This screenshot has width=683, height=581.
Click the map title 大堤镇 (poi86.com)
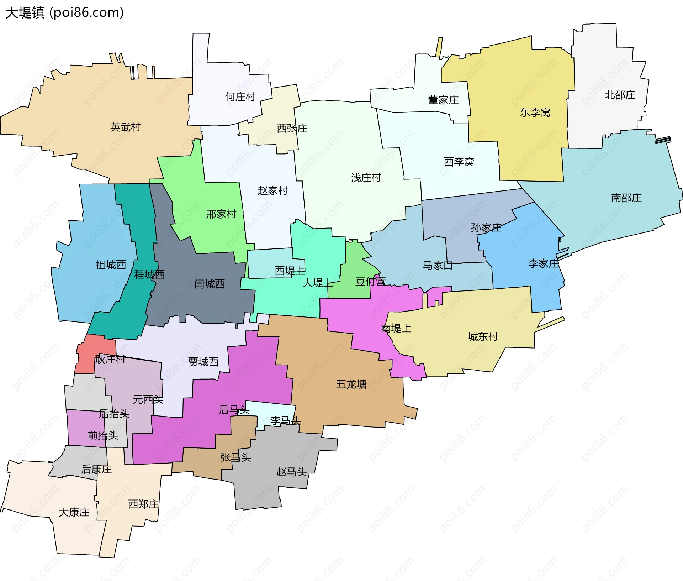pos(64,12)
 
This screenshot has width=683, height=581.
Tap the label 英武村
pos(125,127)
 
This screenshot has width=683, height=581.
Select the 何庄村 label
pos(240,97)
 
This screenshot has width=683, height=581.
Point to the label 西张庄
pos(292,128)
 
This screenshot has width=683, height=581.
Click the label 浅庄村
pos(366,178)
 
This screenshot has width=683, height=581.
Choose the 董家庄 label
pos(443,100)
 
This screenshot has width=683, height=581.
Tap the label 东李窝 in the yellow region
pos(535,112)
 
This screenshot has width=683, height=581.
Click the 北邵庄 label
pos(620,95)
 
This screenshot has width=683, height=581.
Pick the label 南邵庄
pos(626,198)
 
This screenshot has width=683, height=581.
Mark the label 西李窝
pos(459,162)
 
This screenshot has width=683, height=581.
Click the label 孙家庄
pos(486,227)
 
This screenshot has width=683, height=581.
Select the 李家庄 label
pos(543,263)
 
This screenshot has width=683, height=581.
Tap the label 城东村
pos(483,336)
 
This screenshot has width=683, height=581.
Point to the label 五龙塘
pos(351,384)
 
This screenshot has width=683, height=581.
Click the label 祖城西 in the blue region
pos(111,265)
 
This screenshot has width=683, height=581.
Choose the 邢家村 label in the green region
pos(221,214)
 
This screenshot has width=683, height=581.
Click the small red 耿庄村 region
pos(95,347)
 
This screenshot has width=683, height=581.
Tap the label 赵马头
pos(291,472)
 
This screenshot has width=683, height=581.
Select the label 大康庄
pos(74,512)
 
